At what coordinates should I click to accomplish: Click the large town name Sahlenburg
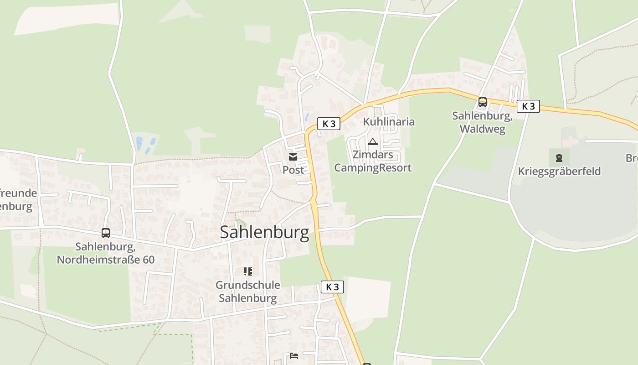pos(264,232)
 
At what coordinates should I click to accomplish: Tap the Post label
pos(293,170)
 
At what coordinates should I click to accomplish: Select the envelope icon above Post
pos(293,157)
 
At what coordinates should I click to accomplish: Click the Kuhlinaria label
pos(389,122)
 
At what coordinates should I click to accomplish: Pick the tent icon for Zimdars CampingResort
pos(373,142)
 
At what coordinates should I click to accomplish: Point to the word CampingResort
pos(373,168)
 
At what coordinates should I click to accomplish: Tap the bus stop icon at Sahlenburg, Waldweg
pos(482,102)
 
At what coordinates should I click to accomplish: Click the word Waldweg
pos(482,129)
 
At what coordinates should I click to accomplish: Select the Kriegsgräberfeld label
pos(559,172)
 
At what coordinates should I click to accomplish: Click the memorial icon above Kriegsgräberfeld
pos(559,158)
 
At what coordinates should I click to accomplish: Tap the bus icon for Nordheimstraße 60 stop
pos(106,233)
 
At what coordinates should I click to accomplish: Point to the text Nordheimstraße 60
pos(106,260)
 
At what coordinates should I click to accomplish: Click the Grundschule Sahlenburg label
pos(248,292)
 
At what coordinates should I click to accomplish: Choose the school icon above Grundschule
pos(248,272)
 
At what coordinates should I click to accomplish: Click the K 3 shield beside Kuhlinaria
pos(329,124)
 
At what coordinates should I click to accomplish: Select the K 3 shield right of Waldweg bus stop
pos(528,106)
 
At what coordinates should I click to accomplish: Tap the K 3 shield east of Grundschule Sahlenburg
pos(332,287)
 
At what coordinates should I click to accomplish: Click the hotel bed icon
pos(294,356)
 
